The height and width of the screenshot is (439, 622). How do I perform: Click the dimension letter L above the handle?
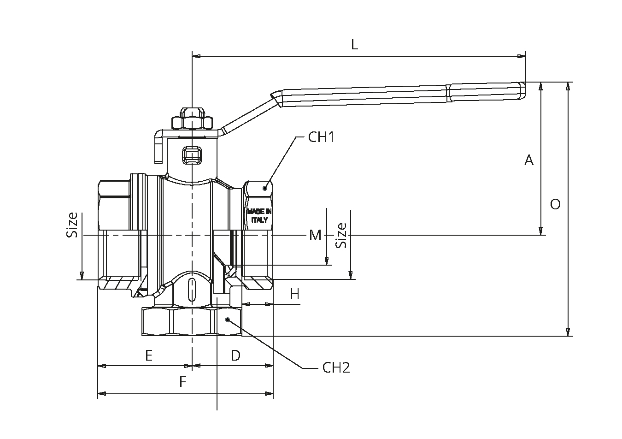pyautogui.click(x=354, y=44)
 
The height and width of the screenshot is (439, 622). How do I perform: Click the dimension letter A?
pyautogui.click(x=529, y=160)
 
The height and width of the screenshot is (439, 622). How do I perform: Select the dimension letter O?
pyautogui.click(x=555, y=204)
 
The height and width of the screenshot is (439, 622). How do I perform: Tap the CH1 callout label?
pyautogui.click(x=321, y=137)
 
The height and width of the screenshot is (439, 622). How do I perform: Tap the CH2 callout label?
pyautogui.click(x=336, y=368)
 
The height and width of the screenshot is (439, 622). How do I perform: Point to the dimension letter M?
pyautogui.click(x=315, y=235)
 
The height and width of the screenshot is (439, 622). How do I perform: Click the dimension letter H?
pyautogui.click(x=294, y=294)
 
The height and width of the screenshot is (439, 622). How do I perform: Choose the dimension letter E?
pyautogui.click(x=149, y=356)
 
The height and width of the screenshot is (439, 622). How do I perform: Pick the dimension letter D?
pyautogui.click(x=235, y=356)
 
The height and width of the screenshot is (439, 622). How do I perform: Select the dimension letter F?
pyautogui.click(x=183, y=382)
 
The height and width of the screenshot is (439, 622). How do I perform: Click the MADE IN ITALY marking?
pyautogui.click(x=259, y=216)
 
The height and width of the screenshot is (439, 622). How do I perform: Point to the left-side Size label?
pyautogui.click(x=72, y=225)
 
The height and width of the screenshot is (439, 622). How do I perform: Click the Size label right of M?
pyautogui.click(x=341, y=235)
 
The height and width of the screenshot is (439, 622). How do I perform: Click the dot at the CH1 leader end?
pyautogui.click(x=265, y=187)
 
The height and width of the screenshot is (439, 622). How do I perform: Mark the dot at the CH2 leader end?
pyautogui.click(x=227, y=319)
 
